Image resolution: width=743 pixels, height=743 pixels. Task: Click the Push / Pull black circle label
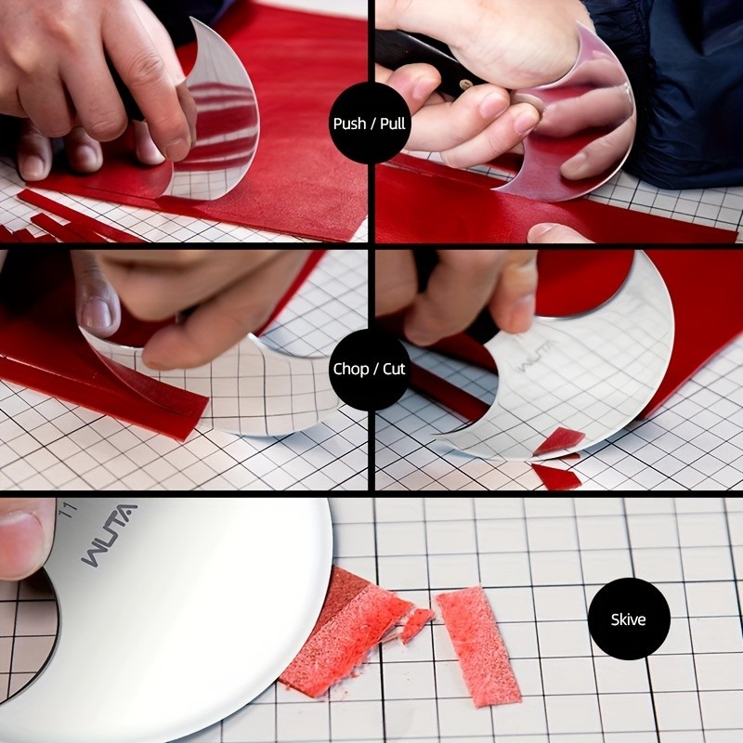[x=370, y=123]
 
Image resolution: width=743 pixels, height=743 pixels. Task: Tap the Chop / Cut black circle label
[x=370, y=369]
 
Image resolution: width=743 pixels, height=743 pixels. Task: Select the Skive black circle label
[x=629, y=619]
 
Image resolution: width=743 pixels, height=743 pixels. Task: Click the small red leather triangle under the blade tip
[x=557, y=442]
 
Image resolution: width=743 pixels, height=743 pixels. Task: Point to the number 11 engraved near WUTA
[x=66, y=509]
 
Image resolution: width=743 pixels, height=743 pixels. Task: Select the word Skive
[x=629, y=619]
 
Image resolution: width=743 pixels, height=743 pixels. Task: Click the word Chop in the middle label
[x=350, y=369]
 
